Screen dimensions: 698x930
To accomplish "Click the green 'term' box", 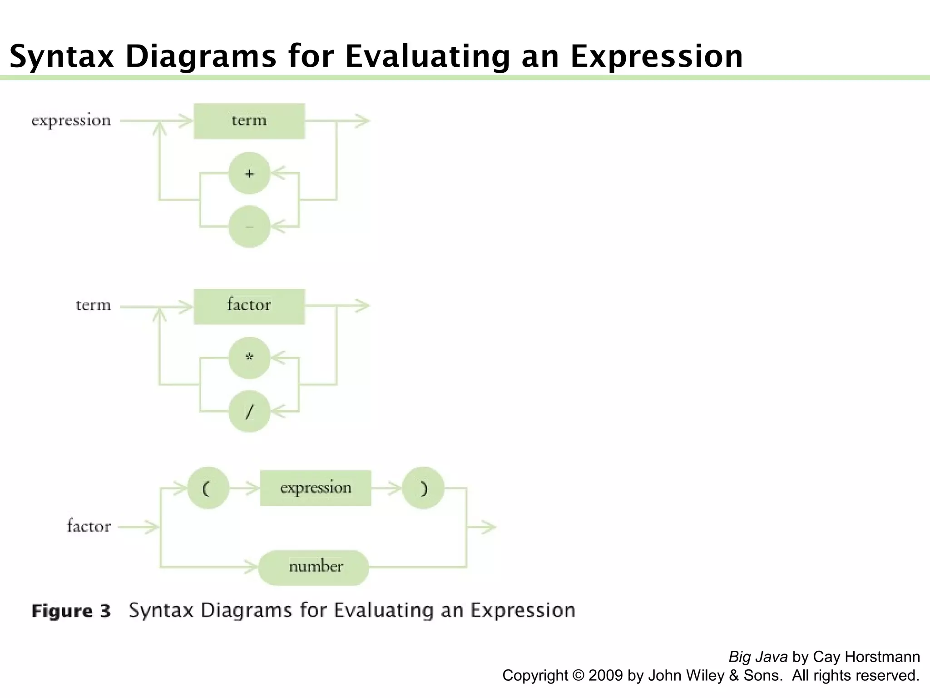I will click(x=249, y=121).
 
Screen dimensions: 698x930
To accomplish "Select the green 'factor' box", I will click(x=249, y=306).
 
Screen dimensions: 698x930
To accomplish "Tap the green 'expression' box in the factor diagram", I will click(x=315, y=488).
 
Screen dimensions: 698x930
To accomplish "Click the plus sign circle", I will click(x=249, y=173).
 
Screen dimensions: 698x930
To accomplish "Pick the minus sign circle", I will click(x=249, y=226).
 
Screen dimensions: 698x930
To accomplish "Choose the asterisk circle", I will click(x=249, y=358).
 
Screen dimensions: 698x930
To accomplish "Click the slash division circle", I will click(x=249, y=411).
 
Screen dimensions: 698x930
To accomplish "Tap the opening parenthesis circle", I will click(x=208, y=488).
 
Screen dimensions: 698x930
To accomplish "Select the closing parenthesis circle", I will click(x=423, y=488).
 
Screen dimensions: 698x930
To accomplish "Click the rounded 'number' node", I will click(x=314, y=567).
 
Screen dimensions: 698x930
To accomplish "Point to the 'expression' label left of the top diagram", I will click(x=71, y=121).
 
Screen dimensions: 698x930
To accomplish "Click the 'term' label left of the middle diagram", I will click(x=93, y=305).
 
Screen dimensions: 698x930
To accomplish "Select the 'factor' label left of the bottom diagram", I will click(x=89, y=527).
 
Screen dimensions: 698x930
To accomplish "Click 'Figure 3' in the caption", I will click(x=71, y=611).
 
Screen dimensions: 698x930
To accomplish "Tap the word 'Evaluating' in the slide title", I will click(x=427, y=56).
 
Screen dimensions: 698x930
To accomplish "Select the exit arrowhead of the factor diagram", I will click(x=489, y=527).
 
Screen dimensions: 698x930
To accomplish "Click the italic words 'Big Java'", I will click(x=758, y=657).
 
